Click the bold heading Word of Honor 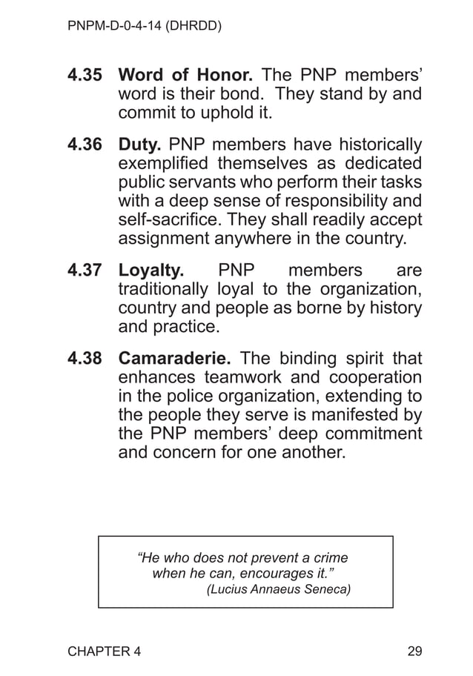186,76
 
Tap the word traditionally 163,288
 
